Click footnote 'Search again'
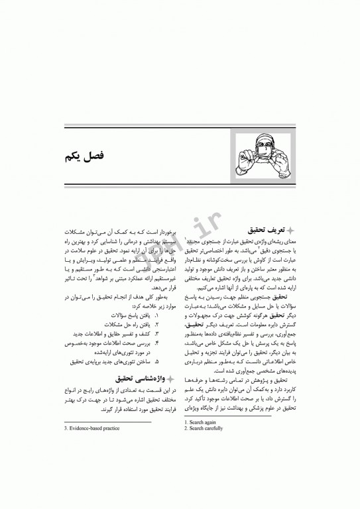[x=203, y=422]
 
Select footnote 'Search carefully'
[x=206, y=428]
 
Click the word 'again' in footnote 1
[x=211, y=422]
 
